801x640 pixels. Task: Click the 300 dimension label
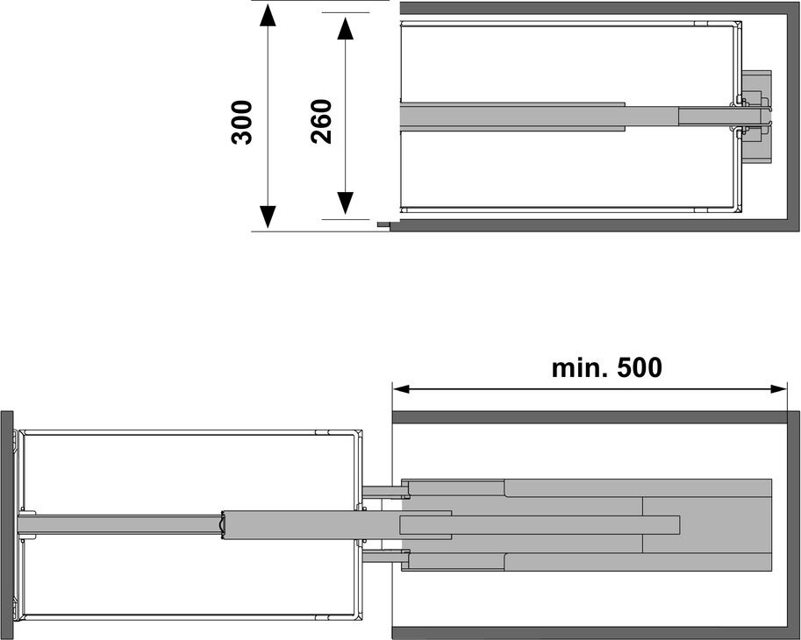(241, 123)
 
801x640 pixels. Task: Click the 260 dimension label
(321, 122)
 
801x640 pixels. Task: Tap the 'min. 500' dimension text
(607, 367)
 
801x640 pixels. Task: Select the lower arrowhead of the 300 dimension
(268, 217)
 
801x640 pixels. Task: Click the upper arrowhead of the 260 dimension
(346, 29)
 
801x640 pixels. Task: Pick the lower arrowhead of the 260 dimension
(346, 203)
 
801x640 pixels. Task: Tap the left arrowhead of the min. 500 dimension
(402, 389)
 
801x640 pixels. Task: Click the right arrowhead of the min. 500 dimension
(778, 389)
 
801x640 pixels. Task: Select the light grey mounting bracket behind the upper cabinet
(757, 117)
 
